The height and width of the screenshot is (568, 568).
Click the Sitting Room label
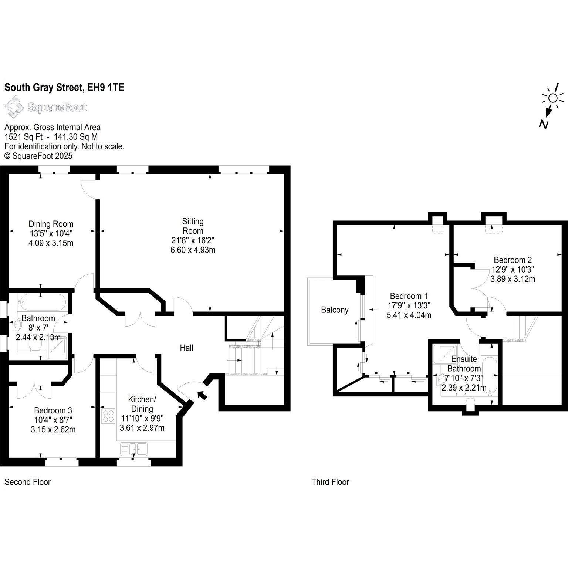193,226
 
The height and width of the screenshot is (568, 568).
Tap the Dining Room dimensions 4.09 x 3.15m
51,243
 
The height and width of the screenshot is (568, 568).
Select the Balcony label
335,310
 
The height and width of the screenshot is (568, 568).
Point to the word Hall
186,348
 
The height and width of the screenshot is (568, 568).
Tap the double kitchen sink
133,449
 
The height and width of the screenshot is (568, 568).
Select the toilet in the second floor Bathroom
35,345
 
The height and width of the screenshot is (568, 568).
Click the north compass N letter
543,124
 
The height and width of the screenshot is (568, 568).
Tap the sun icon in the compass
553,98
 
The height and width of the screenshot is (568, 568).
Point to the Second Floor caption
27,482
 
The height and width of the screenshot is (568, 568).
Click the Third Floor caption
331,482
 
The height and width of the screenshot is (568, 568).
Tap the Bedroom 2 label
513,260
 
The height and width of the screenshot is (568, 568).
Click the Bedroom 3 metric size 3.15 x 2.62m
53,429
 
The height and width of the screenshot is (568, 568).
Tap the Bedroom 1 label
409,296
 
